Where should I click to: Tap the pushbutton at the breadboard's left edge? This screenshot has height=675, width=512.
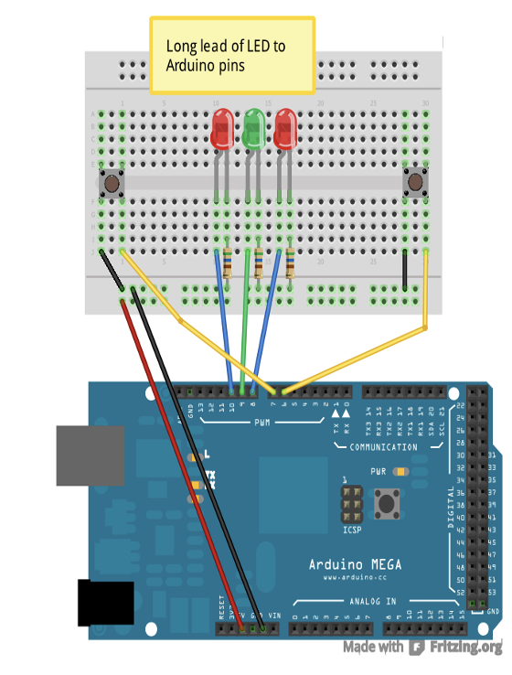112,184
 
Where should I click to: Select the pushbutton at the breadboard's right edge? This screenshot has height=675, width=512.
416,183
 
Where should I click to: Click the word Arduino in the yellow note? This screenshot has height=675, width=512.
187,65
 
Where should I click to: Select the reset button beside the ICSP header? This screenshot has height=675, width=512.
391,502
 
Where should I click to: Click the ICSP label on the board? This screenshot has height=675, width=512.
353,528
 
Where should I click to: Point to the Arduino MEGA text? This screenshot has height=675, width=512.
354,564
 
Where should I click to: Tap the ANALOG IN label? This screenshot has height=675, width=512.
373,601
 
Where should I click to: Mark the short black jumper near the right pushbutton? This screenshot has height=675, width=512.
404,272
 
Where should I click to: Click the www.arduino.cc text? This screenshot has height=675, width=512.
353,578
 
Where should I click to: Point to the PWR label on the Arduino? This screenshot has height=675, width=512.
378,473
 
